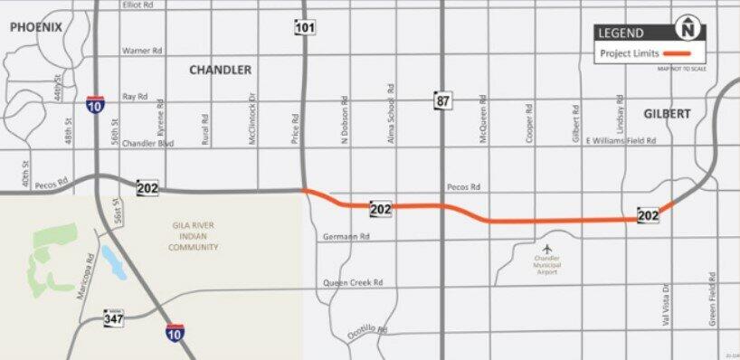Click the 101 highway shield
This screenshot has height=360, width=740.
pyautogui.click(x=304, y=28)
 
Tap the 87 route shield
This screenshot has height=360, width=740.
pyautogui.click(x=441, y=100)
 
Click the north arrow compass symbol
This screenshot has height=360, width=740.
pyautogui.click(x=692, y=29)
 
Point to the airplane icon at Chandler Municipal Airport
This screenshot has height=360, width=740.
pyautogui.click(x=546, y=249)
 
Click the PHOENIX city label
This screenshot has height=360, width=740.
pyautogui.click(x=36, y=27)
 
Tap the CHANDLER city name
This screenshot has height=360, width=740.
pyautogui.click(x=220, y=70)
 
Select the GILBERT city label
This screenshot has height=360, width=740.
pyautogui.click(x=668, y=114)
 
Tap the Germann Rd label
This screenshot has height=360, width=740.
pyautogui.click(x=346, y=237)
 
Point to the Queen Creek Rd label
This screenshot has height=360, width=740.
pyautogui.click(x=353, y=282)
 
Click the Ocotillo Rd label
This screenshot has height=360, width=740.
pyautogui.click(x=368, y=333)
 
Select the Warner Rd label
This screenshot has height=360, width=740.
pyautogui.click(x=142, y=51)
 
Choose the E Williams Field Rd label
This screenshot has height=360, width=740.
pyautogui.click(x=620, y=141)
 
